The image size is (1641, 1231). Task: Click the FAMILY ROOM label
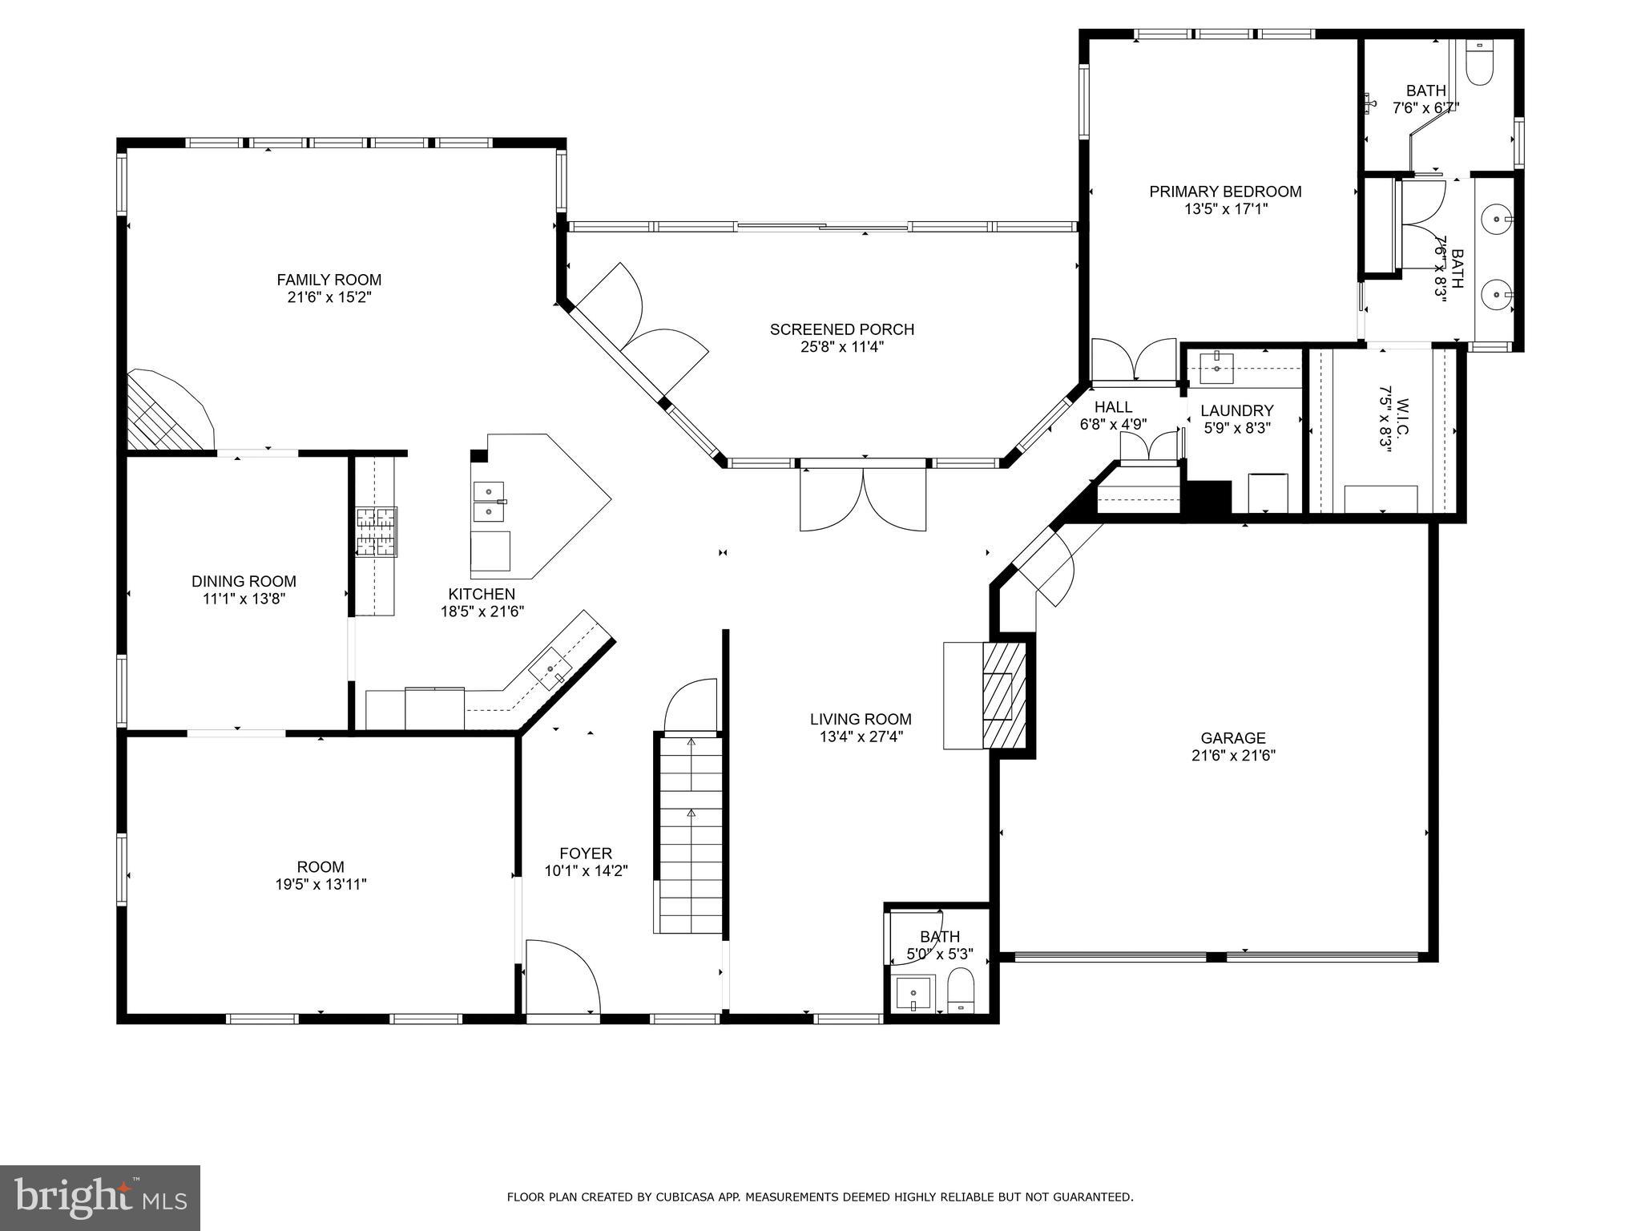pos(329,280)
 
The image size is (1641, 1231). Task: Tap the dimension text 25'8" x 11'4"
pos(841,347)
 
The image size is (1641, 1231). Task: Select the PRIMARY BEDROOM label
pos(1225,192)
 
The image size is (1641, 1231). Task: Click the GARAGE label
pos(1232,738)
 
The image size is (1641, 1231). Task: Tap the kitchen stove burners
pos(377,531)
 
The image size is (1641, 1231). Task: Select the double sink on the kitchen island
pos(488,501)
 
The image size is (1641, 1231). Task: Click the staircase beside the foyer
pos(690,833)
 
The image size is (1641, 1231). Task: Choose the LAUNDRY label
pos(1236,411)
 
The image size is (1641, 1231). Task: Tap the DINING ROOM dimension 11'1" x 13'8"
pos(244,599)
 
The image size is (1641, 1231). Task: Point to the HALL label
pos(1113,407)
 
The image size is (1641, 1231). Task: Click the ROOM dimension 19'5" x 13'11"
pos(321,885)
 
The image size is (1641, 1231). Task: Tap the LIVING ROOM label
pos(860,720)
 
